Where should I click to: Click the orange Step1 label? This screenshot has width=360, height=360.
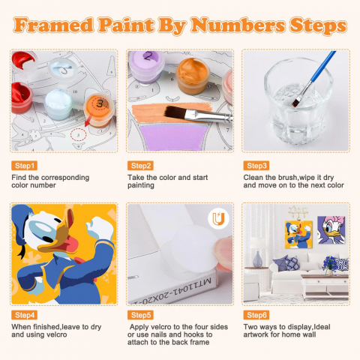24,166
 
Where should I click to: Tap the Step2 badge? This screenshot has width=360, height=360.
140,166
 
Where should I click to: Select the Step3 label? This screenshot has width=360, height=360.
256,166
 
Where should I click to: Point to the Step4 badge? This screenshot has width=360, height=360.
24,315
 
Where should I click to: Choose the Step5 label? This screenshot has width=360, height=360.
140,315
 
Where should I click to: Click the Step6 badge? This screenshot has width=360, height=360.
256,315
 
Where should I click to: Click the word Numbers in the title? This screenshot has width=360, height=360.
238,25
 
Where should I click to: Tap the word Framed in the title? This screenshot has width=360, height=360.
53,25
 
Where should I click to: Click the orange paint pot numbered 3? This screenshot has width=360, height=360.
99,110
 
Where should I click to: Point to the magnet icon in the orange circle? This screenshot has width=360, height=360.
218,219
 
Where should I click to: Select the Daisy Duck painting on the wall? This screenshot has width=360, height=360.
331,229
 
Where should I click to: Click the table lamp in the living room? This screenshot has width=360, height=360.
257,252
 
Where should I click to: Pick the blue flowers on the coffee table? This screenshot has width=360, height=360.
330,264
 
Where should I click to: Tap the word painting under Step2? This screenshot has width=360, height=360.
141,185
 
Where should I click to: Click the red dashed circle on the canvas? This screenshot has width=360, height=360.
78,135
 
